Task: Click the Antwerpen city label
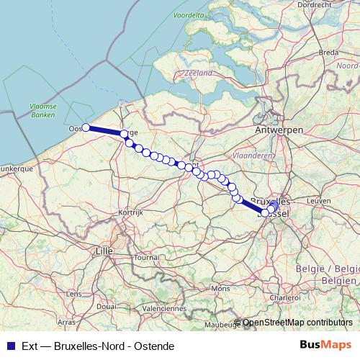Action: coord(279,130)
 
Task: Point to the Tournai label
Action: coord(148,257)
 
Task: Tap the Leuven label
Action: coord(316,201)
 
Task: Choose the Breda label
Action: coord(328,53)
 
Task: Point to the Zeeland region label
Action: coord(199,73)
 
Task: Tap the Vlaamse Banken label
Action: coord(43,109)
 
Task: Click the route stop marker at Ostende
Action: coord(86,127)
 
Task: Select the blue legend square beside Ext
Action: coord(9,346)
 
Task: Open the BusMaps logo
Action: coord(325,345)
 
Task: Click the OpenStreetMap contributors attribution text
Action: coord(298,323)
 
